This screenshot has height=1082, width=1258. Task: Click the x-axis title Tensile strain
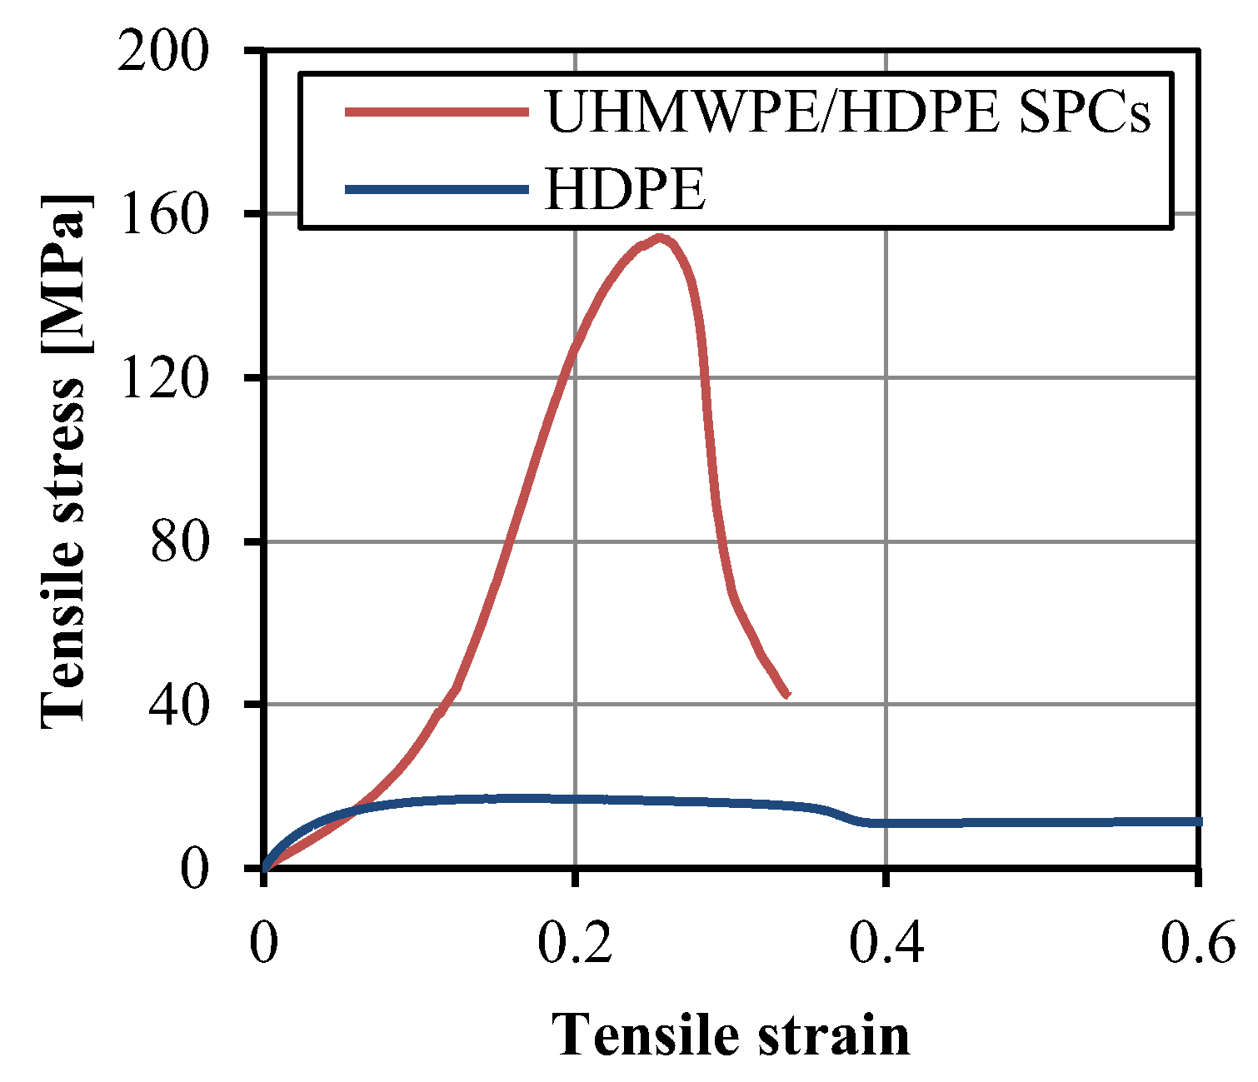pyautogui.click(x=731, y=1035)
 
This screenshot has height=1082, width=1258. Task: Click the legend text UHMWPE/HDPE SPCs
pyautogui.click(x=847, y=112)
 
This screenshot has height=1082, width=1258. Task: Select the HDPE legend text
pyautogui.click(x=625, y=189)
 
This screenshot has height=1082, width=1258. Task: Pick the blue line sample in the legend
pyautogui.click(x=437, y=189)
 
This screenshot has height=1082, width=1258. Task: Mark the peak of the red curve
pyautogui.click(x=661, y=238)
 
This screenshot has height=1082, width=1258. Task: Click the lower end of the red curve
pyautogui.click(x=786, y=695)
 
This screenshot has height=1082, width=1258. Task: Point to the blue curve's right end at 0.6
pyautogui.click(x=1198, y=821)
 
